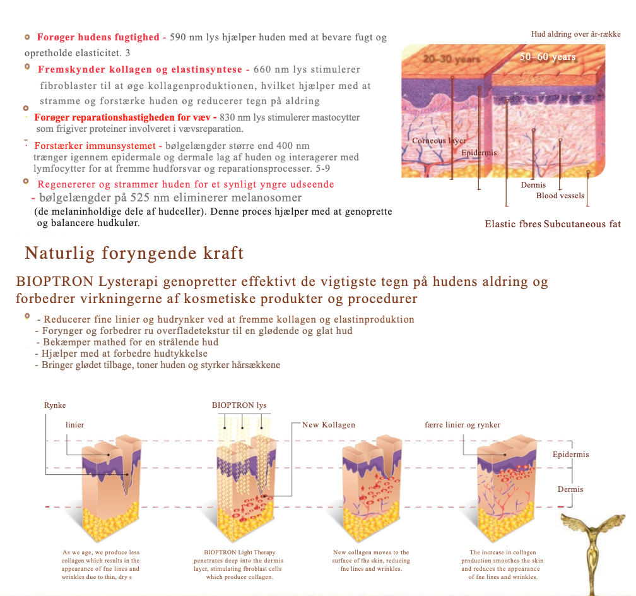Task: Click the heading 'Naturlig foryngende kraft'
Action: click(134, 253)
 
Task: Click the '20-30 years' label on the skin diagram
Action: click(451, 59)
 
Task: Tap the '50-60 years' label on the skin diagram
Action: click(548, 57)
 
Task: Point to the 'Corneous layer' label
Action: click(439, 141)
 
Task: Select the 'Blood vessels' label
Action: click(560, 196)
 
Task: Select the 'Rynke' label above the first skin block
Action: click(55, 405)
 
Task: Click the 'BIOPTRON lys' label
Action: click(239, 405)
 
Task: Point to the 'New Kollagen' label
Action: click(329, 425)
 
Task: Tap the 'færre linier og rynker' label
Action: click(462, 425)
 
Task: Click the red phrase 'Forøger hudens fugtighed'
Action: click(98, 37)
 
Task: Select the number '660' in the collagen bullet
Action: click(262, 69)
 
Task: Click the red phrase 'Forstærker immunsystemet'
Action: click(95, 146)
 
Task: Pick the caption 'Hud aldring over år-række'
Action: click(576, 34)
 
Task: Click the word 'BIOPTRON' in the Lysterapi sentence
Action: click(55, 282)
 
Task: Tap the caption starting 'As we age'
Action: click(100, 564)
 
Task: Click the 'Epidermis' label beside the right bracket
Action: click(570, 455)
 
